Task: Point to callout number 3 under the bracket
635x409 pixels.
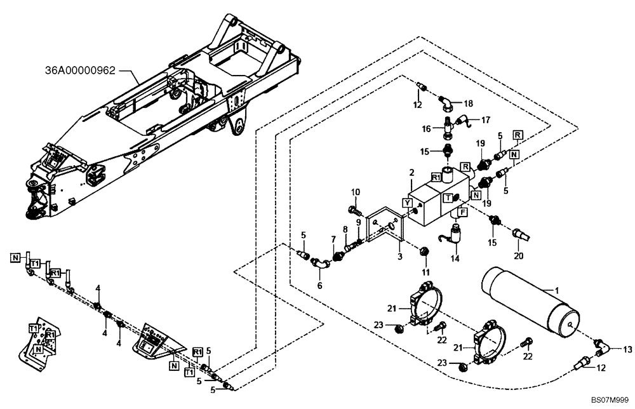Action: pyautogui.click(x=401, y=257)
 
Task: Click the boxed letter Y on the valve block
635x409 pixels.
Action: pyautogui.click(x=407, y=203)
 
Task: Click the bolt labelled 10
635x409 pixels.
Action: pyautogui.click(x=354, y=208)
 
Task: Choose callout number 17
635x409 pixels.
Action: pyautogui.click(x=486, y=119)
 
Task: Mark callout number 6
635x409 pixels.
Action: pyautogui.click(x=319, y=286)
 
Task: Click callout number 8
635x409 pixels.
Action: pyautogui.click(x=345, y=229)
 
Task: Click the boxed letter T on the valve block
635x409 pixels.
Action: pyautogui.click(x=448, y=197)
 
